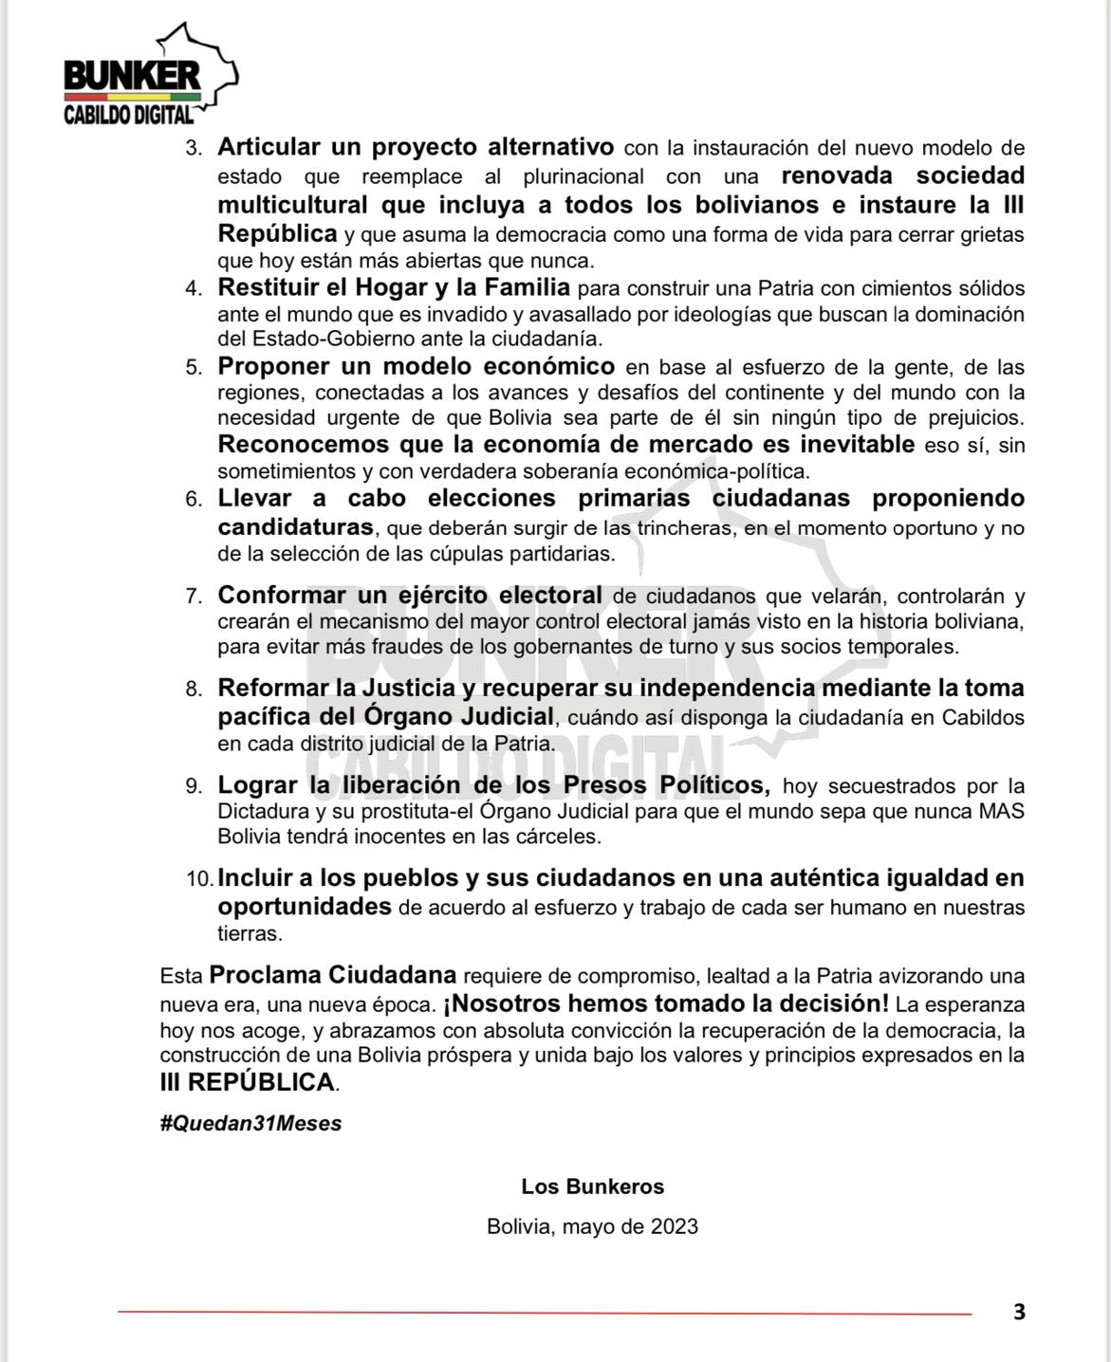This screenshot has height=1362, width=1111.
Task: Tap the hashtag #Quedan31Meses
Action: [x=250, y=1123]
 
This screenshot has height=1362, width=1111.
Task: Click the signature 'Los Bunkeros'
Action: [x=592, y=1187]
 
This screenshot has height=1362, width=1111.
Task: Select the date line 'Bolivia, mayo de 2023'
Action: [x=592, y=1226]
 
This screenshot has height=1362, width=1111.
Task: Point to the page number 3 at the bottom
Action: [x=1019, y=1313]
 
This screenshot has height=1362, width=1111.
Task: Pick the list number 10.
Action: [x=199, y=879]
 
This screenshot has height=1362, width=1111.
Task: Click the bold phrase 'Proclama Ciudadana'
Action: [x=333, y=975]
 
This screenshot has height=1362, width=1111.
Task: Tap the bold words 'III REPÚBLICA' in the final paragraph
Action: [x=248, y=1082]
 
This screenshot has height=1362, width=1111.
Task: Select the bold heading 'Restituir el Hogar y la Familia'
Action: [x=394, y=286]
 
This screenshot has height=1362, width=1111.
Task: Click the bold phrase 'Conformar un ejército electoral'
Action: [x=410, y=595]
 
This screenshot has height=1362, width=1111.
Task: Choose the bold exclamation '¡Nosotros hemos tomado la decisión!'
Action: [x=666, y=1003]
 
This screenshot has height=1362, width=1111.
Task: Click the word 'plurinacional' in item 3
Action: [x=583, y=176]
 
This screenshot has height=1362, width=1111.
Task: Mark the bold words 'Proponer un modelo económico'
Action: [x=416, y=366]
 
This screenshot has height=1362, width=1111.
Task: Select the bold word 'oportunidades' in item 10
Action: [x=305, y=907]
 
